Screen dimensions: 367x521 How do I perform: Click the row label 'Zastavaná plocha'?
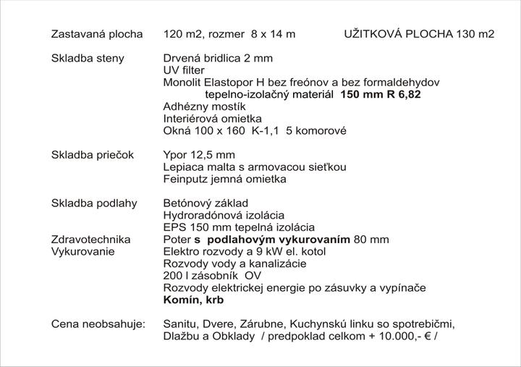(96, 34)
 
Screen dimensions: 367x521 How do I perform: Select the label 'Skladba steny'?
(88, 58)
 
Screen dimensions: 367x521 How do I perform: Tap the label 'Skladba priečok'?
(93, 154)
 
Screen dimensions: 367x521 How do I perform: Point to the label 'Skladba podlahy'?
(94, 203)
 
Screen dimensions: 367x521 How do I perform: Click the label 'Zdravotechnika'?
(90, 239)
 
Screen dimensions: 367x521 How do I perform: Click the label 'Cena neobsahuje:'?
(98, 324)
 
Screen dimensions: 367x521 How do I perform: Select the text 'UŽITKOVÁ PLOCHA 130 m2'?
(419, 34)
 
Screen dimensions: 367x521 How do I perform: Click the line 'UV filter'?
(184, 70)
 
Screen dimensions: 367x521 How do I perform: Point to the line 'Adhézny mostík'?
(205, 106)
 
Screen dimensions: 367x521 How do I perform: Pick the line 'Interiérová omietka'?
(213, 119)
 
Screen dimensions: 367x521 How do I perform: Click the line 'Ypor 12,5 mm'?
(199, 155)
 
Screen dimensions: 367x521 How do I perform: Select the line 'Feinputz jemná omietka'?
(225, 179)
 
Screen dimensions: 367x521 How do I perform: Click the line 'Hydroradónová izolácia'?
(224, 215)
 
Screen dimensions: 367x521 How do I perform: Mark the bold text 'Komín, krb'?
(194, 300)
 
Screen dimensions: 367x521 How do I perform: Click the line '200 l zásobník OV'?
(213, 275)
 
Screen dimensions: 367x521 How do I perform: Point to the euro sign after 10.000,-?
(428, 336)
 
